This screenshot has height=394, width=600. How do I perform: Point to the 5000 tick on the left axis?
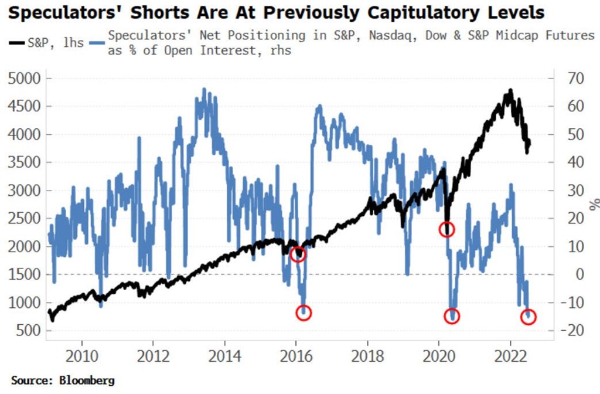[x=26, y=78]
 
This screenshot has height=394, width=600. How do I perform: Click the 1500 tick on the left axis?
[x=26, y=274]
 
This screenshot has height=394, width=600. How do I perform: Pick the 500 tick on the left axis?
[x=29, y=331]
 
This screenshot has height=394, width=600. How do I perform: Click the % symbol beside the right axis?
[x=594, y=204]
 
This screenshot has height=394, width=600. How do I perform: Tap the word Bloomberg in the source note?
[x=88, y=381]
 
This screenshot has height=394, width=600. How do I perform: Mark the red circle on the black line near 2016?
[x=298, y=254]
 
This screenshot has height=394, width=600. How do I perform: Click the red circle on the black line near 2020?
[x=447, y=230]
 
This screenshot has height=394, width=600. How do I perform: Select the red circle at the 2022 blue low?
[x=529, y=317]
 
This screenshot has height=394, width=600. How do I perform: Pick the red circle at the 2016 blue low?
[x=304, y=313]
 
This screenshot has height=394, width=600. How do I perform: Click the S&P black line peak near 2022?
[x=510, y=90]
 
